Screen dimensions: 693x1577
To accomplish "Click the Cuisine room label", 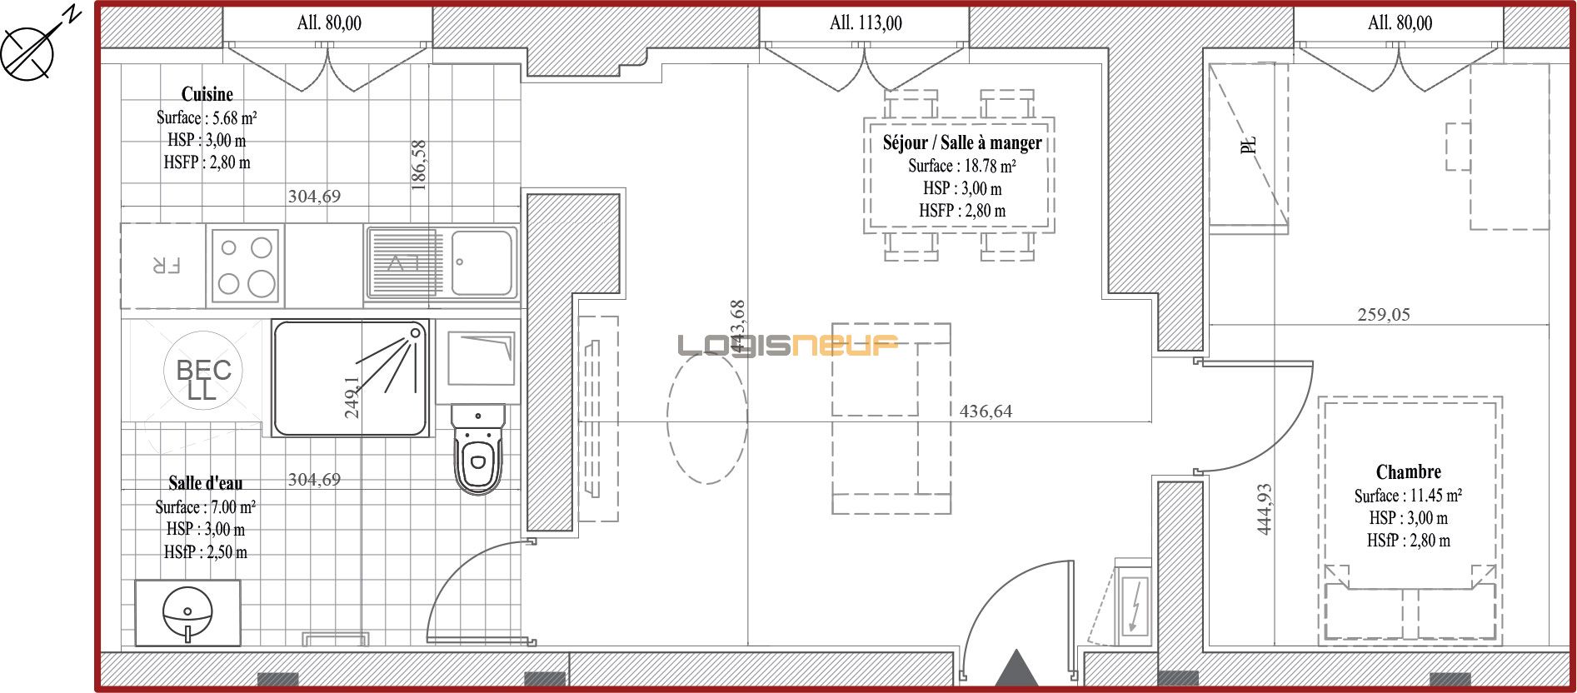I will point(207,94).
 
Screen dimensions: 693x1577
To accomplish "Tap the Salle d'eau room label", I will point(206,483).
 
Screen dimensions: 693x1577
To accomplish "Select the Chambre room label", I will point(1408,471).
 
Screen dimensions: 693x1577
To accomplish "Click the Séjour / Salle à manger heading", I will point(962,142).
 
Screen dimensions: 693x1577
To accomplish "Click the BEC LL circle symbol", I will point(203,371).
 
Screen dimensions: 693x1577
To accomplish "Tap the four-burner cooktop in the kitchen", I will point(245,266).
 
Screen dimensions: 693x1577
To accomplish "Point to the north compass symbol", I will point(28,52).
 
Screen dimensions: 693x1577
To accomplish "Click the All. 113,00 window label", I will point(866,23).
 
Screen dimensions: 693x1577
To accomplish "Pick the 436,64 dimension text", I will point(986,411).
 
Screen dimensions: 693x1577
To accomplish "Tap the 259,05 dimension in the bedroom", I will point(1384,315).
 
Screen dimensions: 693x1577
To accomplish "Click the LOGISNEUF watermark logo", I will point(787,345).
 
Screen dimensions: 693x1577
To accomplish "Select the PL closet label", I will point(1248,145).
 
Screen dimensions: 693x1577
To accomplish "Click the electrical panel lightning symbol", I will point(1133,606).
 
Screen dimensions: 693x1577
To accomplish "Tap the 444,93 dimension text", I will point(1264,509).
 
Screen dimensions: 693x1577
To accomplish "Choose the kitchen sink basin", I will point(482,263).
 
